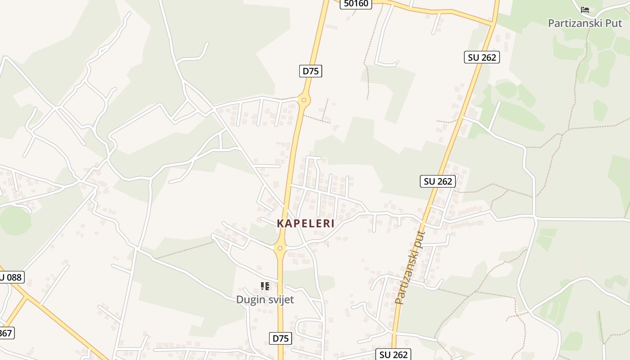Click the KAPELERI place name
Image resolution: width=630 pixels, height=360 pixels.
306,223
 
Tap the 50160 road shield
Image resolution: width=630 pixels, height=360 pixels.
355,4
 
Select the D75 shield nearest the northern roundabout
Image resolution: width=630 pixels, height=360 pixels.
310,71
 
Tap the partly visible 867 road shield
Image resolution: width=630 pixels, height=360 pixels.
6,333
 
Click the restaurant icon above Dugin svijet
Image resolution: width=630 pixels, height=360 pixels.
265,286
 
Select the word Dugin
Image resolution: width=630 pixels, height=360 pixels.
250,299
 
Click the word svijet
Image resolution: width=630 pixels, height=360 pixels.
280,299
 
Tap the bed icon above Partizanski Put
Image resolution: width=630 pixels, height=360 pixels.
585,9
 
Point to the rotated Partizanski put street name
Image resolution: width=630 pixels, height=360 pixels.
409,267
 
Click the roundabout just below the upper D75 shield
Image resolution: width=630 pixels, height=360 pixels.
304,100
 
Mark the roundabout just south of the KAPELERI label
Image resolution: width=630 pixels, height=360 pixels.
280,248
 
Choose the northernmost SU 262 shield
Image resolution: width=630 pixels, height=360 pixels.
482,57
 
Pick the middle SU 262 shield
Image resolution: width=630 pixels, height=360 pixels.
438,181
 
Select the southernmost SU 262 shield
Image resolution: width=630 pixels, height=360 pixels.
393,355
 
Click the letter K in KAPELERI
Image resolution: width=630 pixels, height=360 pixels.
280,223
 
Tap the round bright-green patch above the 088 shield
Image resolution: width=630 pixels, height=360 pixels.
15,221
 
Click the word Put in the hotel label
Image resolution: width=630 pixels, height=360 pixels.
614,23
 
